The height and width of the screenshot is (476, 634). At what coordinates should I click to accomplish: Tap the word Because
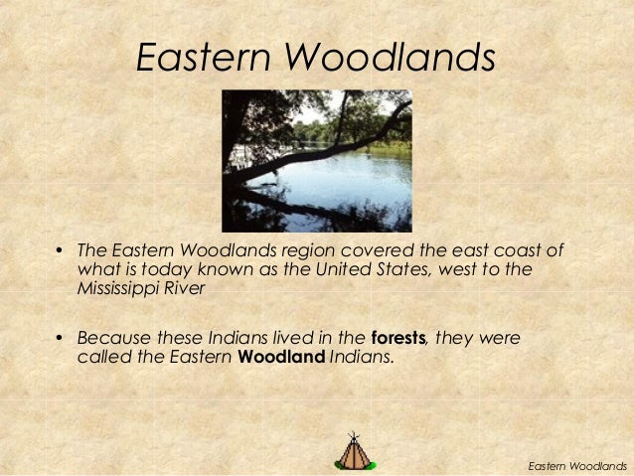coord(114,338)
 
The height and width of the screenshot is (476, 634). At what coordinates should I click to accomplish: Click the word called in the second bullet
coord(102,358)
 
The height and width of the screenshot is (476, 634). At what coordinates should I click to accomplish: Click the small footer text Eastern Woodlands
coord(577,465)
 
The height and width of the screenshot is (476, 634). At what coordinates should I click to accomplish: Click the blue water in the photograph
coord(348,179)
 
